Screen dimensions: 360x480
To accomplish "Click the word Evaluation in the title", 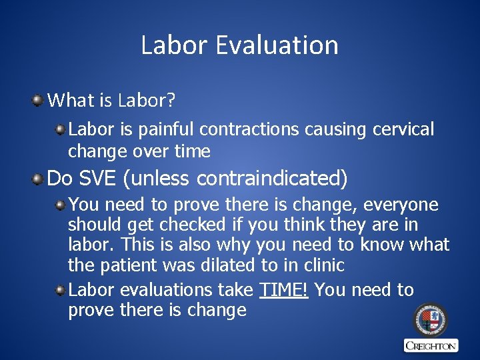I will pyautogui.click(x=277, y=45).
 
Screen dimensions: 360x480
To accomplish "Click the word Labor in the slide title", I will pyautogui.click(x=174, y=45).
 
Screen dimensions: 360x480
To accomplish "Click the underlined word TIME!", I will pyautogui.click(x=283, y=290).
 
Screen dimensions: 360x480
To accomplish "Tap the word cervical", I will pyautogui.click(x=403, y=129).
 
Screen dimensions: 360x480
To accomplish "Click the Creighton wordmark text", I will pyautogui.click(x=431, y=345).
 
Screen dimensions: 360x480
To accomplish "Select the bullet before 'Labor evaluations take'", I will pyautogui.click(x=61, y=290).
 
